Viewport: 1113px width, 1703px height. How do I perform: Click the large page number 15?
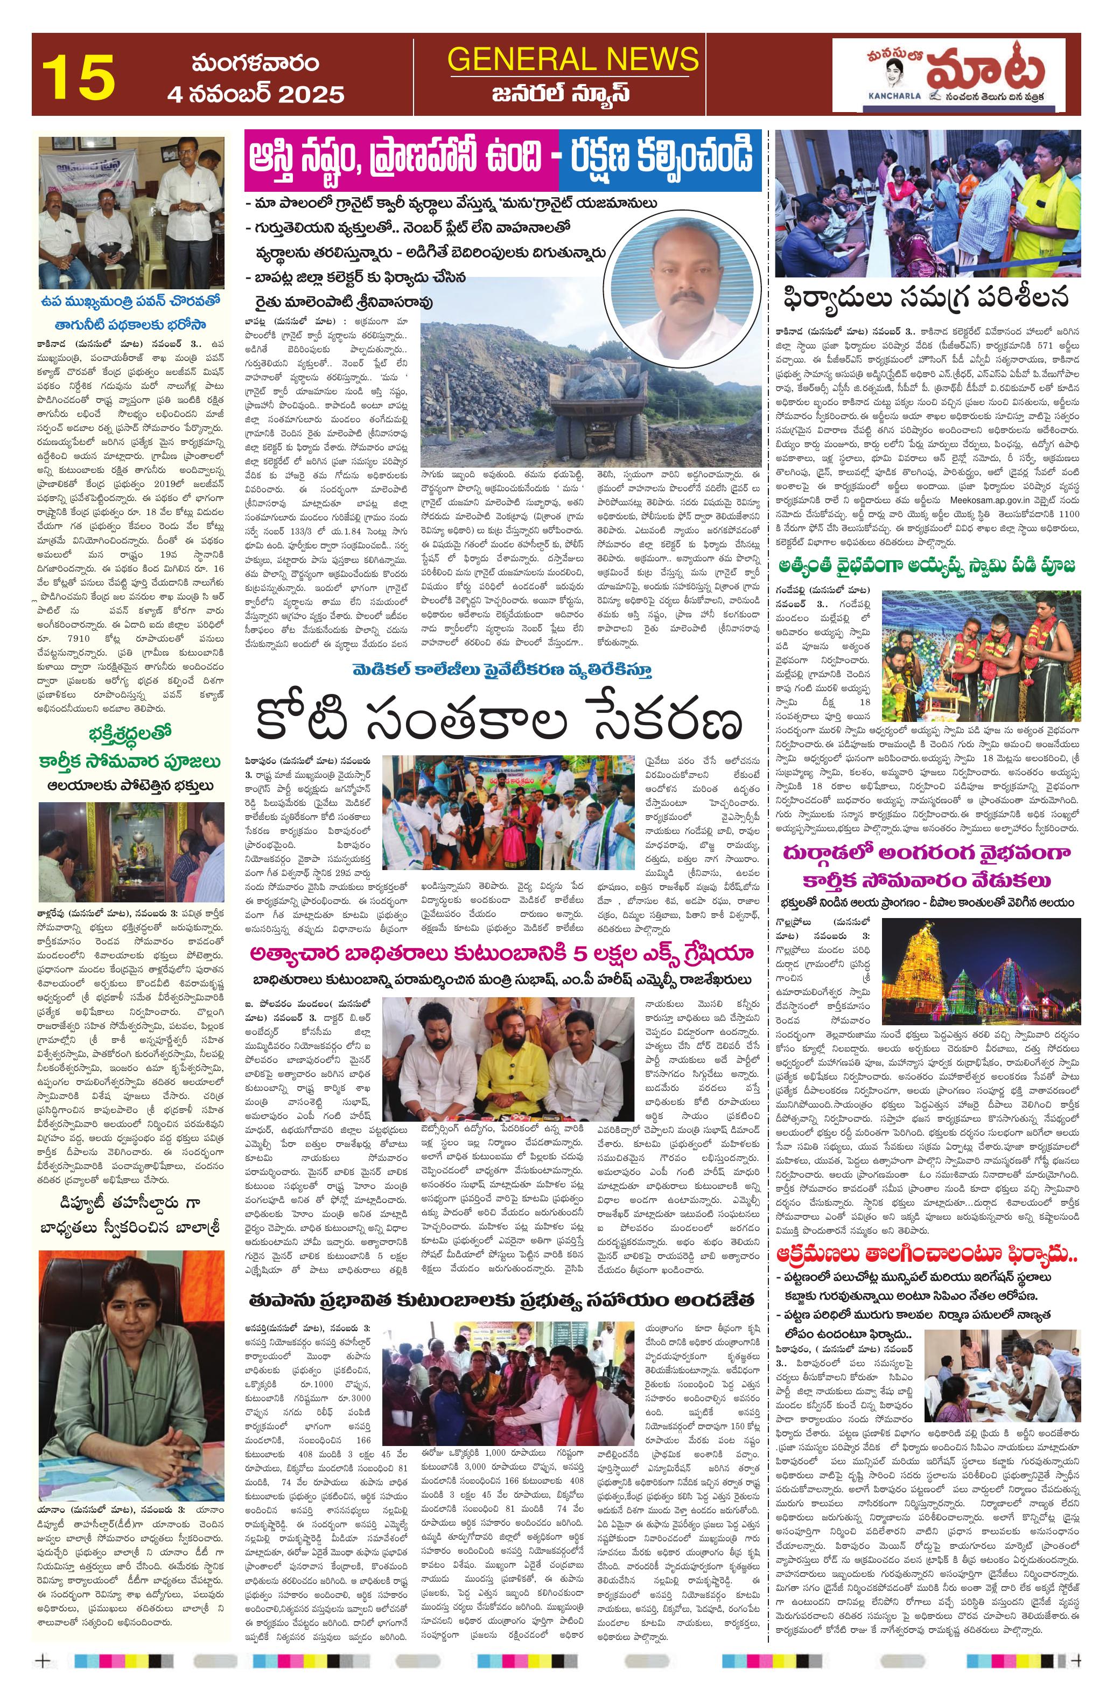coord(78,76)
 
